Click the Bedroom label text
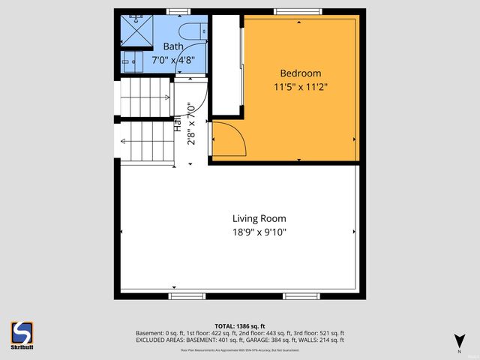300,73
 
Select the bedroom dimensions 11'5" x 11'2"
300,86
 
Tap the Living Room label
259,219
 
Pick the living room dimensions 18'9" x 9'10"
259,232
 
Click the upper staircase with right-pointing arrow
145,97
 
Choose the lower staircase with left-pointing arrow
145,142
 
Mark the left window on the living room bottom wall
187,296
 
